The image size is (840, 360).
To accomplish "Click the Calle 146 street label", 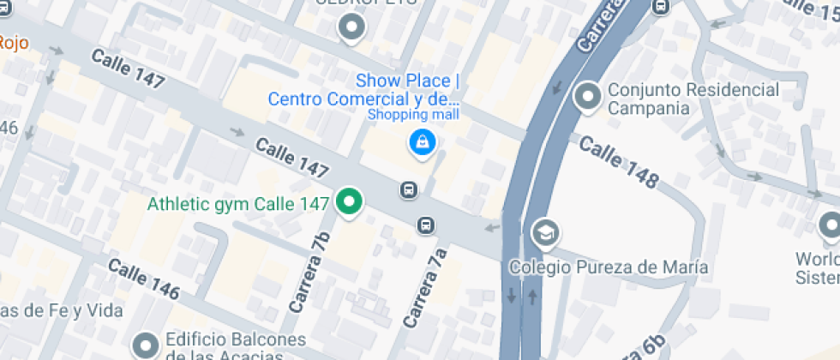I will click(143, 279).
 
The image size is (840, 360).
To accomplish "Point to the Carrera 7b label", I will click(309, 272).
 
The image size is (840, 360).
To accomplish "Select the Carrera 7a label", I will click(425, 288).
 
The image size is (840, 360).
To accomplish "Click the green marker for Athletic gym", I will click(348, 202).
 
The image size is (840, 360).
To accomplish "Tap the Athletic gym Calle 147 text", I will click(238, 204).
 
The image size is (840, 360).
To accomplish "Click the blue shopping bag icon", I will click(421, 142).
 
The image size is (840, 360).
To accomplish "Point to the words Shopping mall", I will click(413, 115).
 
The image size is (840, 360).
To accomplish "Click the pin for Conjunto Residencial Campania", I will click(588, 96).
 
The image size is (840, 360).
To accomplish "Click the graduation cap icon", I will click(543, 231).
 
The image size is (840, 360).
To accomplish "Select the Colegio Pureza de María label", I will click(609, 267).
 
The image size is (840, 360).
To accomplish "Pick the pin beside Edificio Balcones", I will click(144, 344).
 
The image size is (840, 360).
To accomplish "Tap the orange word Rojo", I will click(14, 41).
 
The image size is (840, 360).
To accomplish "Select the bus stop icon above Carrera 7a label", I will click(424, 225).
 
